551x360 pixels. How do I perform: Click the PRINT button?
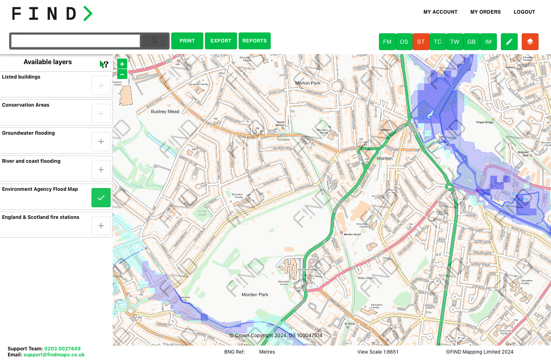point(187,41)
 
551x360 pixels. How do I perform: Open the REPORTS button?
point(254,41)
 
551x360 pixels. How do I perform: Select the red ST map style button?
point(421,42)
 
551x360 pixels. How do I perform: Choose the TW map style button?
point(454,42)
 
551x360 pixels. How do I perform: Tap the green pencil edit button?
point(509,42)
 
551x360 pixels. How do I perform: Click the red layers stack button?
point(530,42)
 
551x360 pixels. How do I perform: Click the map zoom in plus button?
point(122,64)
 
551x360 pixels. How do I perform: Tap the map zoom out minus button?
point(122,74)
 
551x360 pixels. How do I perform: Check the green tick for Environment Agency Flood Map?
point(101,198)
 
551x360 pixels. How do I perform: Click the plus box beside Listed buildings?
point(101,85)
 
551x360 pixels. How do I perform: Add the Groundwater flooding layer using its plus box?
point(101,142)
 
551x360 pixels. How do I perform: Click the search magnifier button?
point(155,41)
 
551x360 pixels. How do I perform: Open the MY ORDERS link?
point(485,12)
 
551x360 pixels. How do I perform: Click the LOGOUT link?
point(524,12)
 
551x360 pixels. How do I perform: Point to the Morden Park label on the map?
point(255,295)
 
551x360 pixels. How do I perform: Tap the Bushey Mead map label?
point(165,111)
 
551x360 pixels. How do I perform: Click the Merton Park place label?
point(308,83)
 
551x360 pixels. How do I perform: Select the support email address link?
point(54,355)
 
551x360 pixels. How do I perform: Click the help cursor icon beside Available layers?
point(104,64)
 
